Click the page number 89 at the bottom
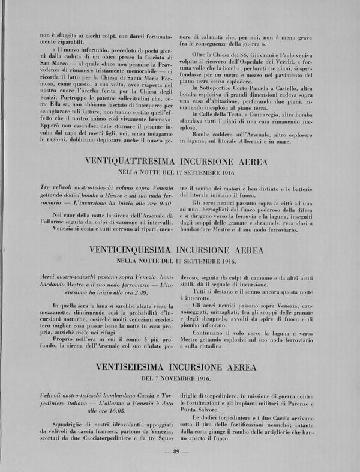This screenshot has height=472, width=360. pos(176,452)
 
